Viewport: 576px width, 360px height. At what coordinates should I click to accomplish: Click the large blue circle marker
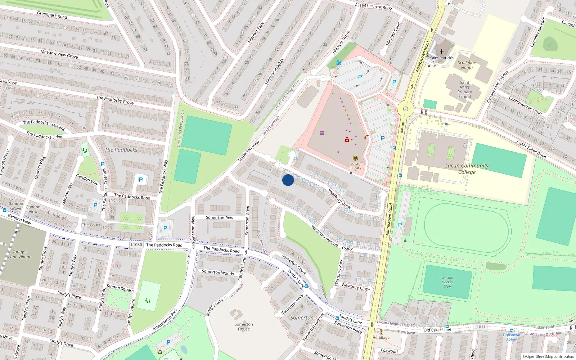[288, 180]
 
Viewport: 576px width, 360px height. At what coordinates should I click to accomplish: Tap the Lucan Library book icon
[355, 158]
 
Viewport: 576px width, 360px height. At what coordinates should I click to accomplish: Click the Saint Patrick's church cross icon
[442, 52]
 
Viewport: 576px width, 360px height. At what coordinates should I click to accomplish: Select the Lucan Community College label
[467, 169]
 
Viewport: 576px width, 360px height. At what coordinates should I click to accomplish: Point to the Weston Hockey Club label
[447, 282]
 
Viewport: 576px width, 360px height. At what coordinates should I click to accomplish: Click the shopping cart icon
[322, 133]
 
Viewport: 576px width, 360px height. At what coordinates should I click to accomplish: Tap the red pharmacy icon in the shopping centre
[347, 140]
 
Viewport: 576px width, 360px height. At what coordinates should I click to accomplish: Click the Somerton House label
[244, 327]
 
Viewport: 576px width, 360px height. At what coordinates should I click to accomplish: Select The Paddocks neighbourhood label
[121, 150]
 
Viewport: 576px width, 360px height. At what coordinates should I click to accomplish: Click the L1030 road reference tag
[136, 244]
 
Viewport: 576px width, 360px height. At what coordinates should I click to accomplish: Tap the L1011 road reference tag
[480, 327]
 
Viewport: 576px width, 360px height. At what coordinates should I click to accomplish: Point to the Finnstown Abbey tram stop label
[511, 337]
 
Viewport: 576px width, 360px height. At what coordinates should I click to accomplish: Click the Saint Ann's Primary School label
[464, 89]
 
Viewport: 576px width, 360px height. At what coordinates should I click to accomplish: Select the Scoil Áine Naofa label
[467, 65]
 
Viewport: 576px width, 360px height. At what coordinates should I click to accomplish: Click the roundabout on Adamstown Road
[406, 109]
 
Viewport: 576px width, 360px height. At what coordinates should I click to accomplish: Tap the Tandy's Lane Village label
[20, 254]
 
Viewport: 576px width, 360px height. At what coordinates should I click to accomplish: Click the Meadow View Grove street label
[59, 54]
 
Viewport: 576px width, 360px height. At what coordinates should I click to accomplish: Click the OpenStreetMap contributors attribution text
[549, 356]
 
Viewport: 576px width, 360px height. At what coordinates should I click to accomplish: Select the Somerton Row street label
[219, 217]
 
